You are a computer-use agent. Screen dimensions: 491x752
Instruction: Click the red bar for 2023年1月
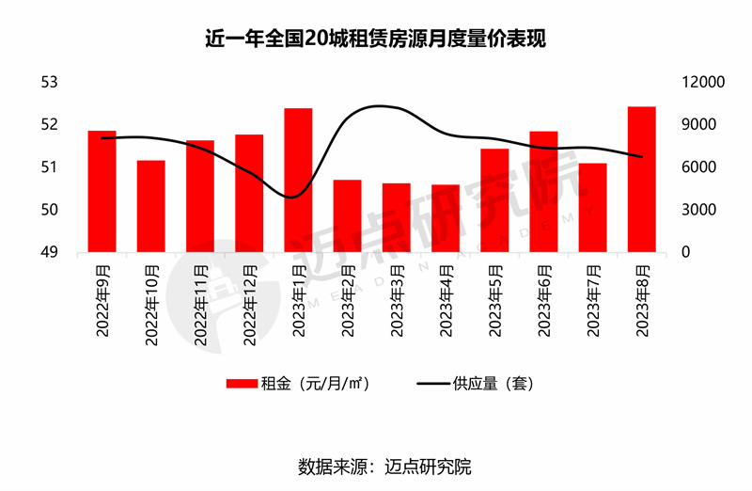pyautogui.click(x=298, y=181)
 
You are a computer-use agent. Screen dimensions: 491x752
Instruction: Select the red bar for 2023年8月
pyautogui.click(x=641, y=180)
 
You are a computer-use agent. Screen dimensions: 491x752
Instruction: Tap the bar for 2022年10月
pyautogui.click(x=151, y=206)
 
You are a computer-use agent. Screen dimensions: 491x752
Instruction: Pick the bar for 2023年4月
pyautogui.click(x=446, y=218)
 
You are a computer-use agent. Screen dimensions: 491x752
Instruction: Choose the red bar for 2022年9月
pyautogui.click(x=102, y=191)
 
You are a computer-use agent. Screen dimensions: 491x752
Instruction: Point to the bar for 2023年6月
pyautogui.click(x=543, y=192)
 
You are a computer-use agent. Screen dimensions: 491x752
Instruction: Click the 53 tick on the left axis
pyautogui.click(x=48, y=83)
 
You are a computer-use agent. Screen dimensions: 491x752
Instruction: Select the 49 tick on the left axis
pyautogui.click(x=48, y=252)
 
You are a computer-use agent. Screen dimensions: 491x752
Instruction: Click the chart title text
pyautogui.click(x=376, y=40)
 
